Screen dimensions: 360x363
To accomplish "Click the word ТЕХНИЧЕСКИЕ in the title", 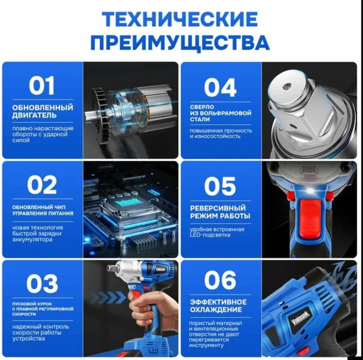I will pos(179,20).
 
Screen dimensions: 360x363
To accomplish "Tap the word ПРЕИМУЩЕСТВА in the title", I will pos(179,41).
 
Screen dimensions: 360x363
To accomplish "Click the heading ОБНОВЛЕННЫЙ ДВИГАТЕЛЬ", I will pos(42,111).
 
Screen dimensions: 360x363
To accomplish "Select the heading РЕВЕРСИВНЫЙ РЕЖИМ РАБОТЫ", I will pos(220,211).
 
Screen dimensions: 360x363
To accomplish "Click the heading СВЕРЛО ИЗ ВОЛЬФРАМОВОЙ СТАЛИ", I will pos(220,113).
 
